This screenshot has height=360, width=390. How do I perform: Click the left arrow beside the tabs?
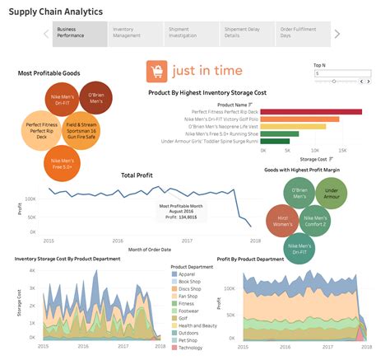click(x=45, y=34)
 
